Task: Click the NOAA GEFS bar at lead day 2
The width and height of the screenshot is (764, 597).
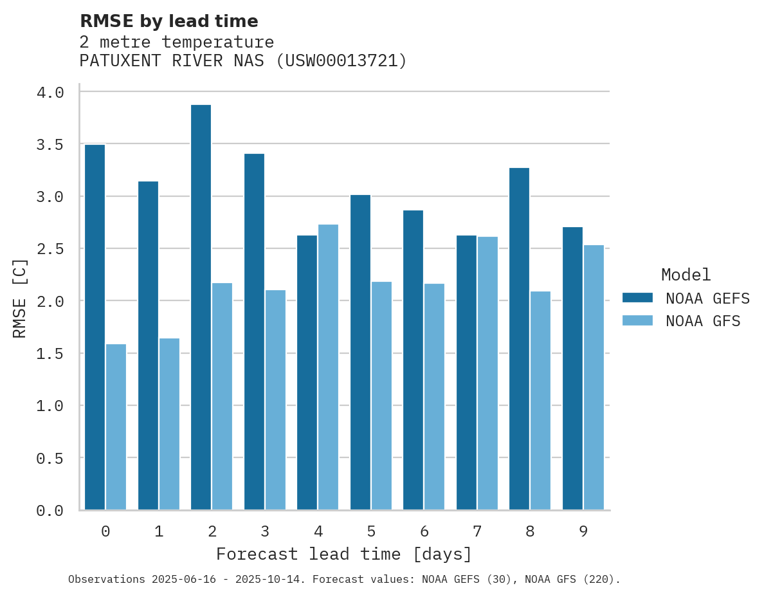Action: pyautogui.click(x=201, y=308)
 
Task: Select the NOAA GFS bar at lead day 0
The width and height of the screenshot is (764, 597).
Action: pyautogui.click(x=116, y=427)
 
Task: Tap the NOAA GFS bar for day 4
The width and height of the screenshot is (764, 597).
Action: pyautogui.click(x=328, y=367)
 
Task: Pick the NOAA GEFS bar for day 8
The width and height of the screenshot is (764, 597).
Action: pyautogui.click(x=519, y=339)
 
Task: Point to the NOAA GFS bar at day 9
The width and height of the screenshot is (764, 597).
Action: pyautogui.click(x=594, y=378)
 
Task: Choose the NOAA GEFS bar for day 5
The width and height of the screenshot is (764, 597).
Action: pyautogui.click(x=360, y=353)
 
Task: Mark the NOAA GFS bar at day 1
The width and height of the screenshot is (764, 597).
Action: pyautogui.click(x=169, y=424)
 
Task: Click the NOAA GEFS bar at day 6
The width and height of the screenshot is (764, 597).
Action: pyautogui.click(x=413, y=360)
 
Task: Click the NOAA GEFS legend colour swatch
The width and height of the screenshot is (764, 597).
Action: pyautogui.click(x=637, y=298)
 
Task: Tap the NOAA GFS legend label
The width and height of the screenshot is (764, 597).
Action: pyautogui.click(x=703, y=321)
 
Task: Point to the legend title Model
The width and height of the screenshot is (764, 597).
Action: pyautogui.click(x=686, y=275)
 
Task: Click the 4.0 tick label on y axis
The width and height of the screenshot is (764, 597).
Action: pyautogui.click(x=50, y=93)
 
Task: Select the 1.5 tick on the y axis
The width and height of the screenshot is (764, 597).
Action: pyautogui.click(x=50, y=354)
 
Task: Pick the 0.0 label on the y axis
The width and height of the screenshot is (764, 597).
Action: pyautogui.click(x=50, y=511)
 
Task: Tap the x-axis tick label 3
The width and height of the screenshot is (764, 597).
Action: pyautogui.click(x=265, y=531)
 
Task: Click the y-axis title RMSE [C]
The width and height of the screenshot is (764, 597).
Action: pyautogui.click(x=20, y=298)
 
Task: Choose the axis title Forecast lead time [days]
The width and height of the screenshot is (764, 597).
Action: pyautogui.click(x=344, y=554)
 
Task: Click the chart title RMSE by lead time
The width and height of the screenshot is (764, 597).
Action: pyautogui.click(x=168, y=21)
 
